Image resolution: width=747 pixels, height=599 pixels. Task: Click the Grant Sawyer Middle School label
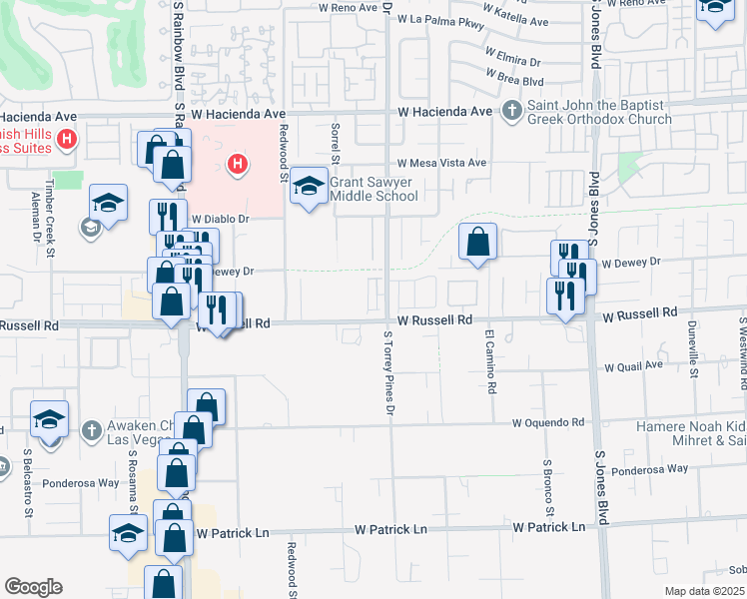[x=373, y=189]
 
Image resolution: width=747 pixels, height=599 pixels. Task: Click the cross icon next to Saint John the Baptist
[x=511, y=111]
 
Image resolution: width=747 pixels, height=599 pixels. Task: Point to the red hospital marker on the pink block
[x=238, y=163]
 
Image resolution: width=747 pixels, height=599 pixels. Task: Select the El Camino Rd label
[x=490, y=360]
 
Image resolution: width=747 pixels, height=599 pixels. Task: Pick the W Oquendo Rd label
[x=547, y=423]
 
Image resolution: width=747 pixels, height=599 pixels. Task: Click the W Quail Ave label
[x=633, y=366]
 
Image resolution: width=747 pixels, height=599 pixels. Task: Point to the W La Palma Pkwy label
[x=447, y=20]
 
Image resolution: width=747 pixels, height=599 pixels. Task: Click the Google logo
[x=33, y=587]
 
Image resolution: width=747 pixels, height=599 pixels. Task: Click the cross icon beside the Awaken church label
[x=90, y=430]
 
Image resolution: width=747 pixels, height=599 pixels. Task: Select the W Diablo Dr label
[x=220, y=218]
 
